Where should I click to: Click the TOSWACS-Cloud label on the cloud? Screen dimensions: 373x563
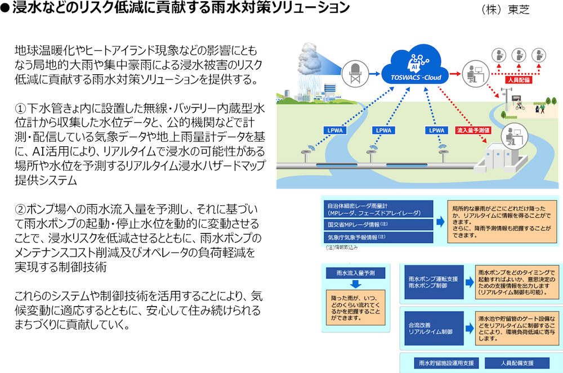[x=413, y=77]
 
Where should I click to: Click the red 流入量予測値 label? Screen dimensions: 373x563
[x=472, y=131]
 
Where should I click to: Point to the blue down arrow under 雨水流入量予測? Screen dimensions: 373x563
[x=351, y=285]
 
